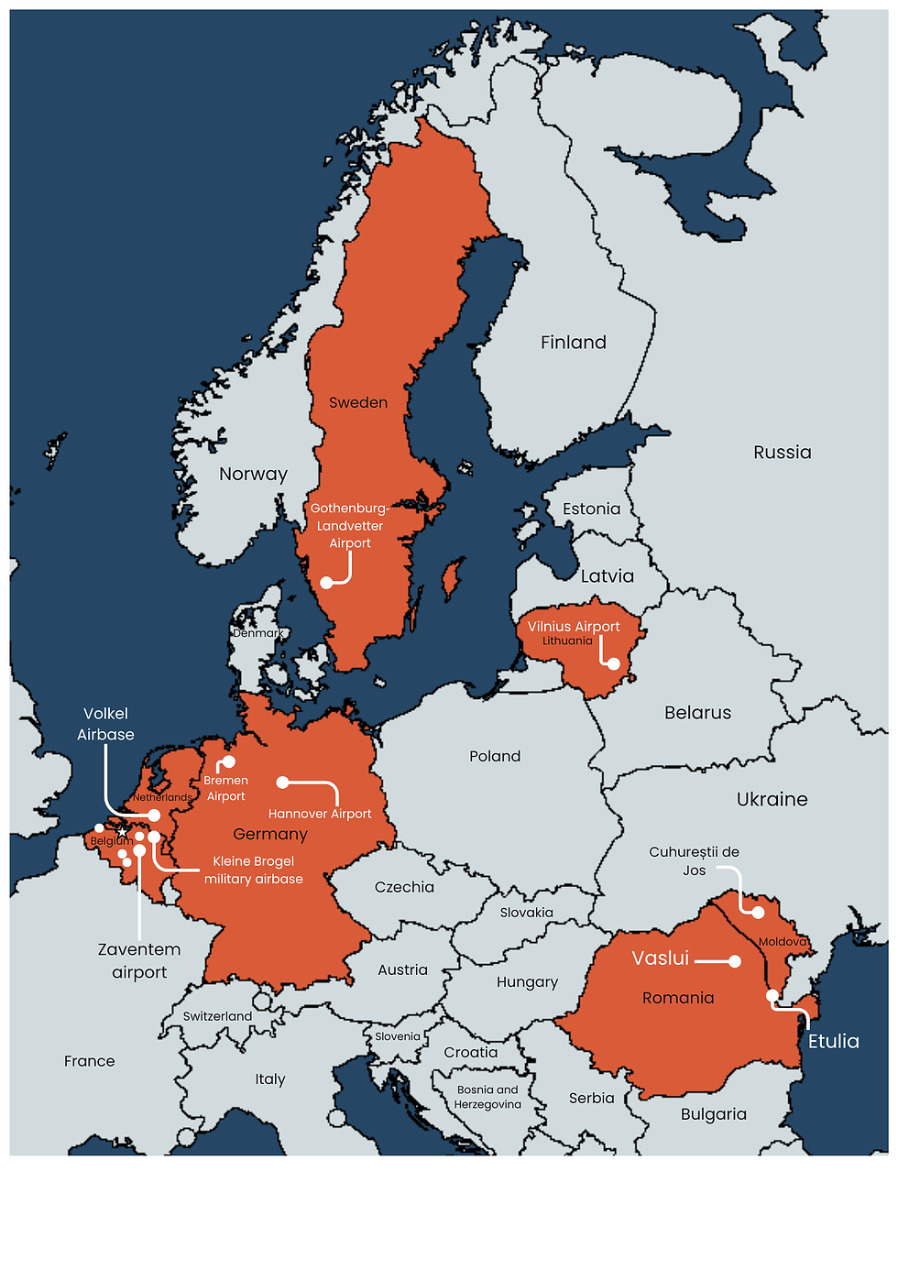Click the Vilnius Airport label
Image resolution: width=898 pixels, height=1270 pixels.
click(x=574, y=627)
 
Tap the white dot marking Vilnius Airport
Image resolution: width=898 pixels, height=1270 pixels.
click(x=614, y=664)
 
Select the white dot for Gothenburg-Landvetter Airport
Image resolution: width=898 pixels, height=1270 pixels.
click(x=326, y=583)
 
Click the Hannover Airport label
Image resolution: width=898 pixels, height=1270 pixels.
click(x=320, y=814)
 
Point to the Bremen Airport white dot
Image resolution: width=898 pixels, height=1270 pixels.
click(x=229, y=762)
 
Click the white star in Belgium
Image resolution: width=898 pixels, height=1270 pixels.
click(x=122, y=832)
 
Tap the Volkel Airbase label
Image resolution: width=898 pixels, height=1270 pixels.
click(x=105, y=724)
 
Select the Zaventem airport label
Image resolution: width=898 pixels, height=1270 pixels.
click(x=139, y=960)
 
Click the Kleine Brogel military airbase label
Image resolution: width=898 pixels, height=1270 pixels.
click(x=253, y=870)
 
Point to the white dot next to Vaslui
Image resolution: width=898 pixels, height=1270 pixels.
click(x=735, y=961)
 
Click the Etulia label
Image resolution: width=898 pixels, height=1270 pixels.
click(x=833, y=1041)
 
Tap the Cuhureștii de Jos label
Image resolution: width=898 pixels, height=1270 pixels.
click(x=694, y=860)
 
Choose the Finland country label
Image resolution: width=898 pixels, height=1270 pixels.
click(x=574, y=343)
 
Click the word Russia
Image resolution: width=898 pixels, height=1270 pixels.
click(x=782, y=453)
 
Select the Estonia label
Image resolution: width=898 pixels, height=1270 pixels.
click(x=591, y=509)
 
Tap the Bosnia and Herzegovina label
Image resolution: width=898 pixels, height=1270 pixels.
click(x=487, y=1097)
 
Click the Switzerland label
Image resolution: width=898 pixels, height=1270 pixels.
click(x=217, y=1016)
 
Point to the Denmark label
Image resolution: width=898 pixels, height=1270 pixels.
click(x=257, y=633)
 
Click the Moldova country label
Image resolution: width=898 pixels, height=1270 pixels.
click(x=783, y=942)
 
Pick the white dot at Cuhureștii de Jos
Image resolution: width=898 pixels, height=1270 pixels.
click(x=758, y=913)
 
